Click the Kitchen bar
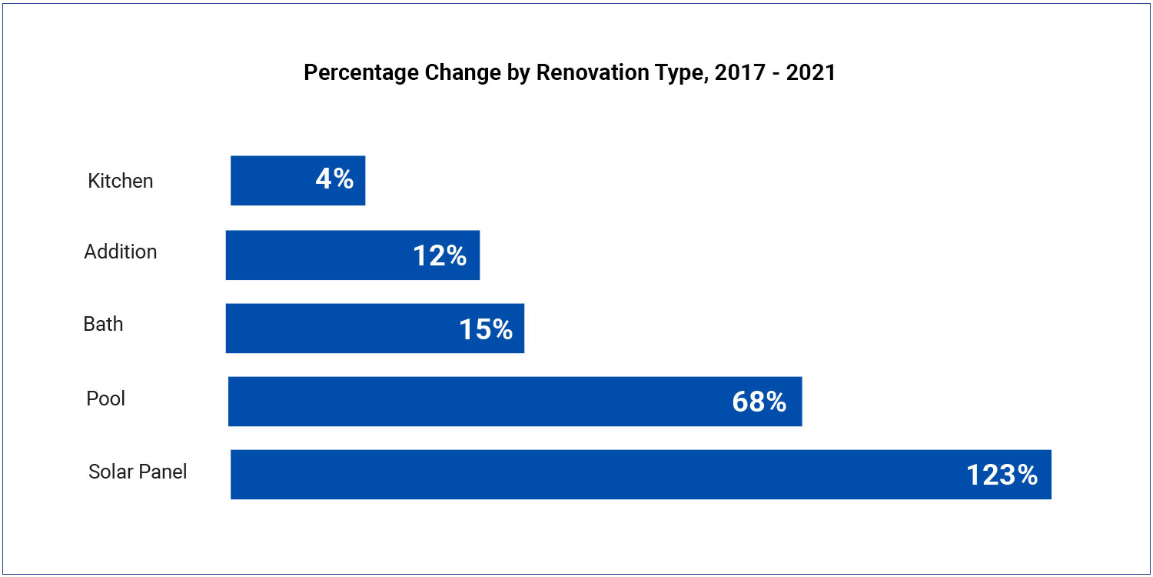[269, 180]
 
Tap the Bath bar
[331, 329]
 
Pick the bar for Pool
[461, 402]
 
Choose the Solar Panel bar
[576, 475]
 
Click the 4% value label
[334, 179]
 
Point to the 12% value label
[440, 255]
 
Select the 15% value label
[486, 329]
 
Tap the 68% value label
[759, 402]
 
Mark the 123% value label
[1002, 475]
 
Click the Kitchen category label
[121, 181]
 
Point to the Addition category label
[121, 252]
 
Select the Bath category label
[103, 324]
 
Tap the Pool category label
[106, 399]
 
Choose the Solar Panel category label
[138, 472]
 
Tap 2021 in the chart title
[810, 73]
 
